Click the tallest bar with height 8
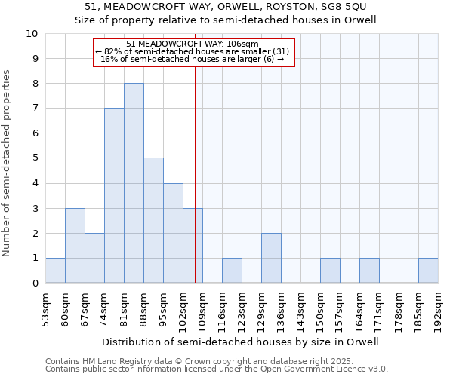pyautogui.click(x=134, y=183)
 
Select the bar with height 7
pyautogui.click(x=114, y=195)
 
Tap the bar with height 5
pyautogui.click(x=153, y=220)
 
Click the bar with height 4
pyautogui.click(x=173, y=233)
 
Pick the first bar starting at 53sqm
pyautogui.click(x=55, y=270)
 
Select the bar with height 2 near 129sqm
pyautogui.click(x=271, y=258)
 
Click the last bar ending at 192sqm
pyautogui.click(x=428, y=270)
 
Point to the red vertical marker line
pyautogui.click(x=196, y=173)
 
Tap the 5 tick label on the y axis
pyautogui.click(x=35, y=158)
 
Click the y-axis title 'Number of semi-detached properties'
pyautogui.click(x=8, y=162)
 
